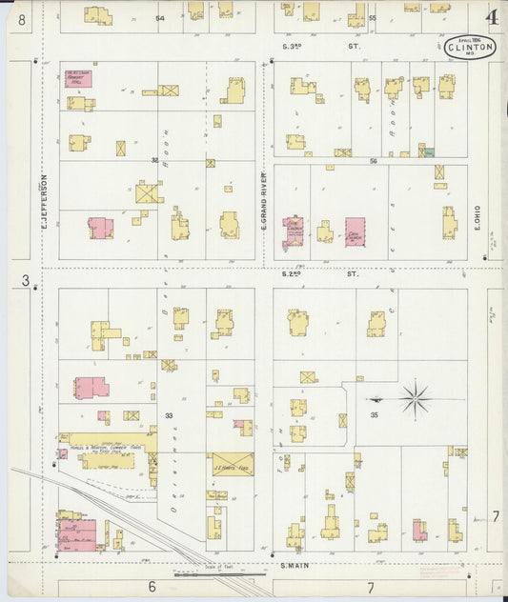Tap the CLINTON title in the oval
pos(469,47)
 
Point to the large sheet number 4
pos(492,17)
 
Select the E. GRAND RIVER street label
pos(264,201)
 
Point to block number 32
pos(154,160)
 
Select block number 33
pos(169,415)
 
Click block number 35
pos(375,415)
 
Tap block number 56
pos(374,162)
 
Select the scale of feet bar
pos(220,574)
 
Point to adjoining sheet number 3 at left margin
pos(26,280)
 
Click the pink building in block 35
pos(419,531)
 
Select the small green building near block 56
pos(429,151)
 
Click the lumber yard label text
pos(107,449)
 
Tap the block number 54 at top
pos(160,18)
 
